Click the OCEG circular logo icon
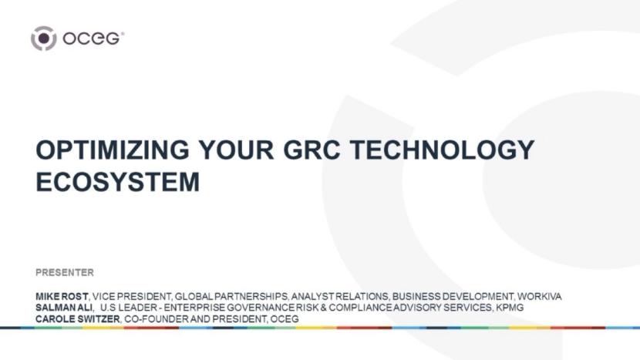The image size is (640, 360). pyautogui.click(x=44, y=38)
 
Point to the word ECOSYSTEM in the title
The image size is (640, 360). pyautogui.click(x=117, y=181)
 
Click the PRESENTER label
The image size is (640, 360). pyautogui.click(x=65, y=272)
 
